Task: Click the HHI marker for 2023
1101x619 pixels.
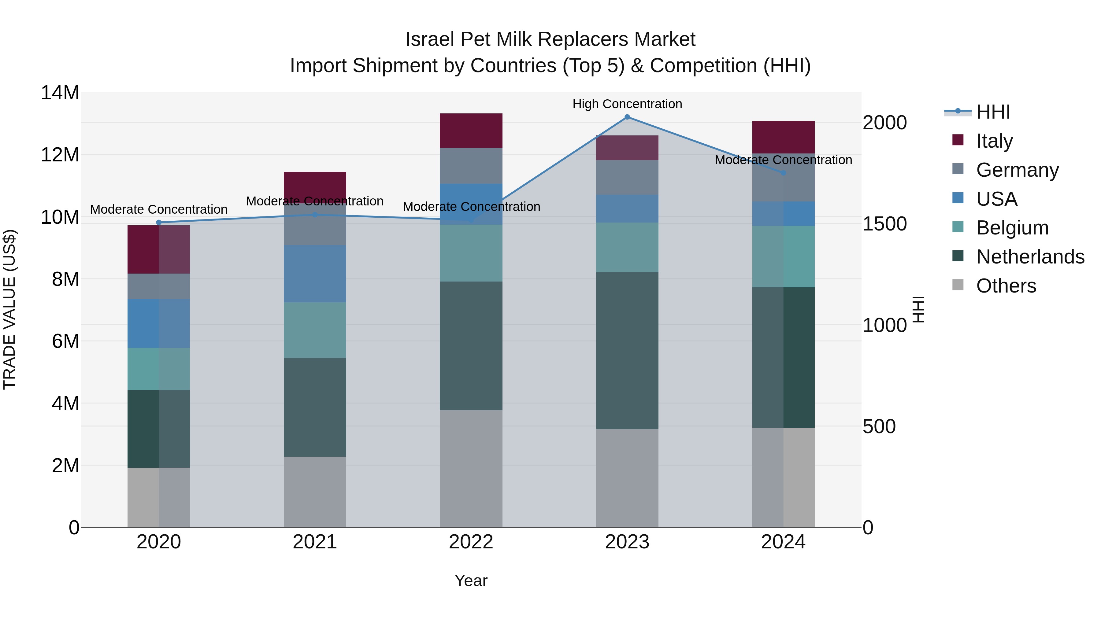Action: pyautogui.click(x=627, y=117)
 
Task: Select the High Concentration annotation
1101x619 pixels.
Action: pyautogui.click(x=627, y=104)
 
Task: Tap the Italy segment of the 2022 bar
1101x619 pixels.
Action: pyautogui.click(x=471, y=131)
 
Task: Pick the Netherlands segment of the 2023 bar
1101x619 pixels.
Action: pyautogui.click(x=627, y=350)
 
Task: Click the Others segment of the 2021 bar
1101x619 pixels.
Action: pyautogui.click(x=315, y=492)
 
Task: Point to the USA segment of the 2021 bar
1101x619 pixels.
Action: pyautogui.click(x=315, y=274)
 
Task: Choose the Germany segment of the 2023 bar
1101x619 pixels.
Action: pyautogui.click(x=627, y=178)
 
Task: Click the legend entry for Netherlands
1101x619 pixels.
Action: pyautogui.click(x=1030, y=257)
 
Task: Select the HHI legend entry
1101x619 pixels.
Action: pyautogui.click(x=993, y=112)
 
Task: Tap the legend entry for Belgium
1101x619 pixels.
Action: pyautogui.click(x=1012, y=228)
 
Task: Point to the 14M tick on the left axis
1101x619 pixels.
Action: pyautogui.click(x=60, y=93)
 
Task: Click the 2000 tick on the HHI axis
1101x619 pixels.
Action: pyautogui.click(x=884, y=123)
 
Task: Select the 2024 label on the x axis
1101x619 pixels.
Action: pyautogui.click(x=783, y=542)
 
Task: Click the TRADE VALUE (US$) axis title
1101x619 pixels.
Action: pyautogui.click(x=9, y=309)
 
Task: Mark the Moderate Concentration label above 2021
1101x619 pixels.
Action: pyautogui.click(x=315, y=201)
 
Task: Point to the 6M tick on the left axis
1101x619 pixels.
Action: pyautogui.click(x=65, y=341)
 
